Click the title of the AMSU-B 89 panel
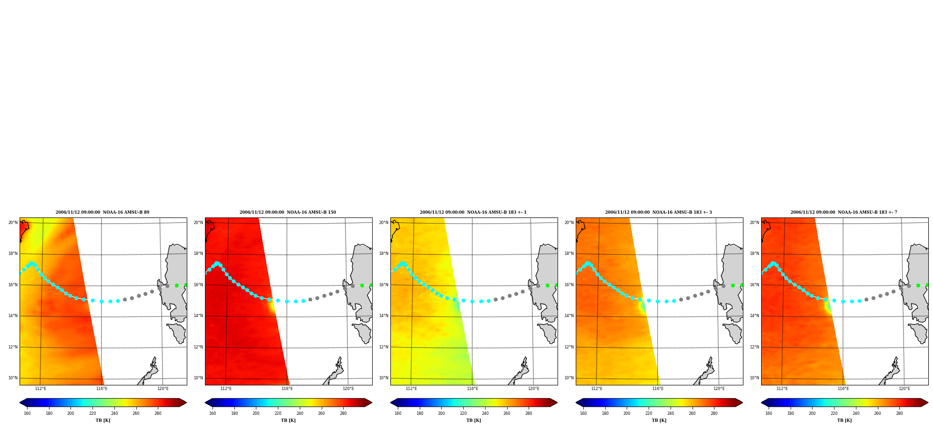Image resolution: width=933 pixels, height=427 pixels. point(102,212)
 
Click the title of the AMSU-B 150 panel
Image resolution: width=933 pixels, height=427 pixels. point(288,212)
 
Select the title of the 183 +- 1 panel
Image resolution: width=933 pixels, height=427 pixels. point(473,212)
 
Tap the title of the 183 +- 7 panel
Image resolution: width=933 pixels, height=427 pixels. point(844,212)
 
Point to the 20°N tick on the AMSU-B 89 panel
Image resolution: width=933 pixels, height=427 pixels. point(13,223)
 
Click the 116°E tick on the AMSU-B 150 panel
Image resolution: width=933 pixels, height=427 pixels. point(287,389)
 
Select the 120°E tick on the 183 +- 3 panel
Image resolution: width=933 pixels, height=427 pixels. point(719,389)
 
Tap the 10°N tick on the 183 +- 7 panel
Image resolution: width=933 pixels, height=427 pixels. point(755,378)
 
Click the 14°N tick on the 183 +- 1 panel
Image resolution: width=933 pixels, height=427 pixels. point(384,316)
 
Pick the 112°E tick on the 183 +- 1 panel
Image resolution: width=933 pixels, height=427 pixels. point(411,389)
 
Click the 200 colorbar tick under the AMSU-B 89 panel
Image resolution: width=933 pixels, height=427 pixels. point(71,413)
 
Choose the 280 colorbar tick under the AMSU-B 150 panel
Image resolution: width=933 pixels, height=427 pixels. point(343,413)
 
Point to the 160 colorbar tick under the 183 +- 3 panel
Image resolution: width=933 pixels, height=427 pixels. point(583,413)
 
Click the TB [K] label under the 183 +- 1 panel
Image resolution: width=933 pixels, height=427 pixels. point(474,420)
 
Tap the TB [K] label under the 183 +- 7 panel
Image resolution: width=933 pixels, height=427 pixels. point(844,420)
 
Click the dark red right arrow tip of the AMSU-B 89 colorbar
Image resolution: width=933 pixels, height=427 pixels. point(186,403)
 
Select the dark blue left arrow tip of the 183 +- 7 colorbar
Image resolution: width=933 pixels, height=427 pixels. point(762,403)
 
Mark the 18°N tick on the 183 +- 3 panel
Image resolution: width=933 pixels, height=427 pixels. point(569,253)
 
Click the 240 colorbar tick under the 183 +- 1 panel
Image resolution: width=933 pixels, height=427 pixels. point(485,413)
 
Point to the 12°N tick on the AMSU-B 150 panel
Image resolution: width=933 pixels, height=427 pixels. point(198,347)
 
